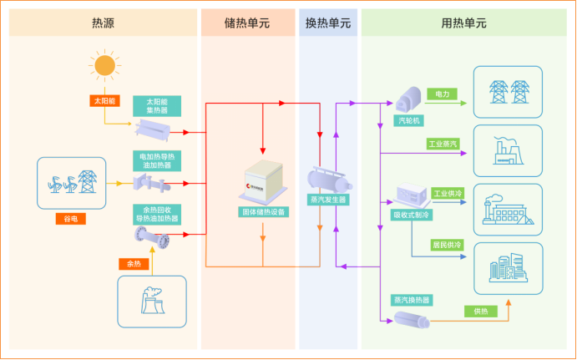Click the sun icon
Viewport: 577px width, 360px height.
(104, 64)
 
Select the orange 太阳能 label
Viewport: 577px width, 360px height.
(104, 100)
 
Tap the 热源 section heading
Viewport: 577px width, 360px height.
(104, 23)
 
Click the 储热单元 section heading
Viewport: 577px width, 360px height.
(248, 23)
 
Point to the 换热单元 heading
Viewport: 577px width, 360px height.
(328, 23)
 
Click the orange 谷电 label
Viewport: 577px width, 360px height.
(70, 220)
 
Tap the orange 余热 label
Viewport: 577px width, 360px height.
(134, 263)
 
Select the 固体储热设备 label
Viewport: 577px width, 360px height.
(263, 212)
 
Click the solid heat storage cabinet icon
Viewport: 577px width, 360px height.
(263, 185)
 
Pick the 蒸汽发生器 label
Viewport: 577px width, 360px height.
(327, 200)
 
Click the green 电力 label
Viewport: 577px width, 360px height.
(443, 94)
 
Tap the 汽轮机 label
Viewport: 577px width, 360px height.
(407, 120)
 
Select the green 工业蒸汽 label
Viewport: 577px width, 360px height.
(443, 144)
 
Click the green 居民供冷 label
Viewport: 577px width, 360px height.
(447, 245)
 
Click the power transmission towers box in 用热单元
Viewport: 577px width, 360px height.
(508, 91)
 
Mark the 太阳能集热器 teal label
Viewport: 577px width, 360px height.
(157, 105)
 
